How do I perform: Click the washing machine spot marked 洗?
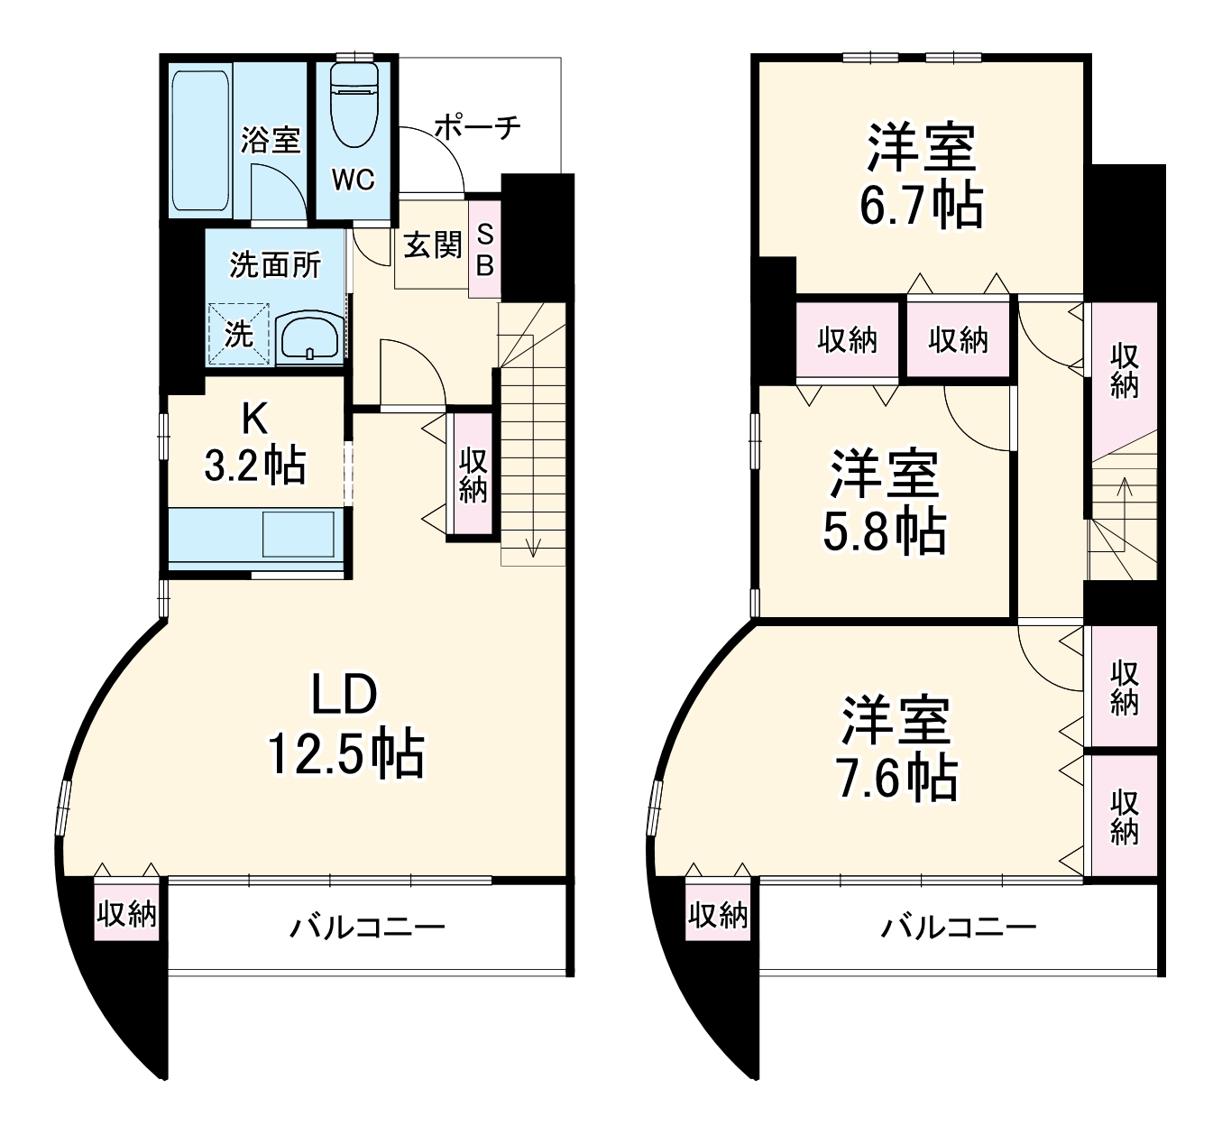(x=239, y=335)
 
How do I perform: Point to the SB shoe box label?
(x=484, y=249)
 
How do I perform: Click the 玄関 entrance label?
(x=432, y=245)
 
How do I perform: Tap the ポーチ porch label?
(x=477, y=127)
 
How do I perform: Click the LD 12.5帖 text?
(x=345, y=725)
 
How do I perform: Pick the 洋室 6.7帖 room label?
(x=921, y=177)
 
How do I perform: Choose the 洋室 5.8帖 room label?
(x=884, y=502)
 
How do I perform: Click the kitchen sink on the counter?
(x=298, y=533)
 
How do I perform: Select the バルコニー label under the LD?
(x=367, y=927)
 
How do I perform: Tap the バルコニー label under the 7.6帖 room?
(x=959, y=927)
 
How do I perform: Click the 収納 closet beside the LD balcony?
(x=127, y=915)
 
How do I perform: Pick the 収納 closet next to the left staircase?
(x=473, y=475)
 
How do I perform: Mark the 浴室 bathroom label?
(x=270, y=140)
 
